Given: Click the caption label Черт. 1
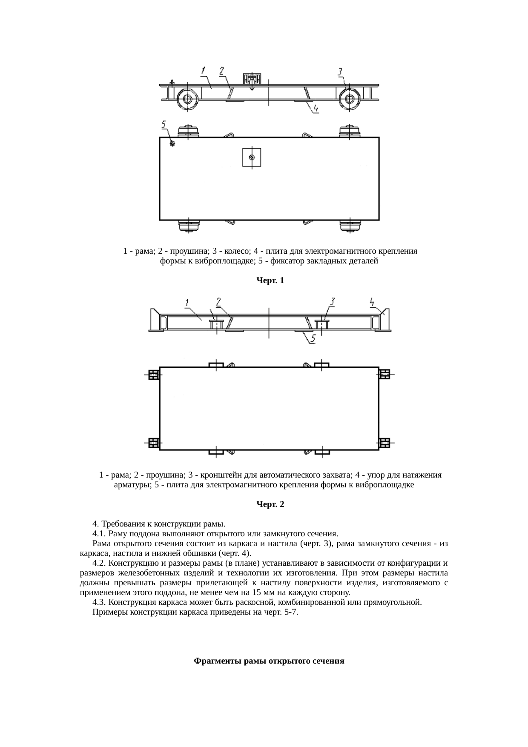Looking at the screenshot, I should (270, 280).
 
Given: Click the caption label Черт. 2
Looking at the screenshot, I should (270, 504).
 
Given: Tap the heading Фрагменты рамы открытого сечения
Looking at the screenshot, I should (269, 661).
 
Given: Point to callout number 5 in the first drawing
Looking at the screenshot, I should (164, 124).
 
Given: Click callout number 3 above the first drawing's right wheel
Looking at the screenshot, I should (341, 72).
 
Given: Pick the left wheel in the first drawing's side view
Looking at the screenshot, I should (187, 100).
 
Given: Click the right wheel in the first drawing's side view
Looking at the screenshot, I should (350, 100).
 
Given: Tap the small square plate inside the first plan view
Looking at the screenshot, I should (252, 157).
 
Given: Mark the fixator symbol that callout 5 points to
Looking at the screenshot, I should (172, 143).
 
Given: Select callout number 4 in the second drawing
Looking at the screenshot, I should (372, 302).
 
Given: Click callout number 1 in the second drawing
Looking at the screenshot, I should (187, 303).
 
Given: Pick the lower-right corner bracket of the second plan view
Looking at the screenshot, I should (385, 443).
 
